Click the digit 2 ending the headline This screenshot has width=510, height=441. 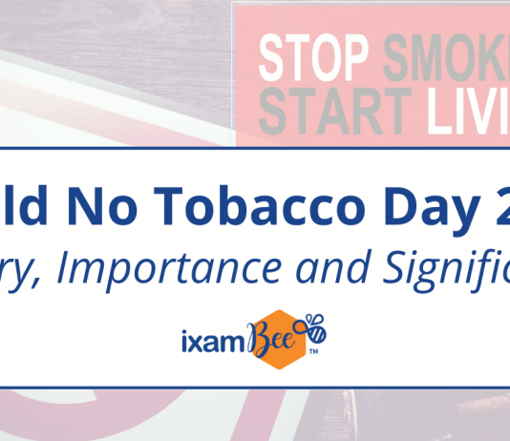pyautogui.click(x=492, y=202)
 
